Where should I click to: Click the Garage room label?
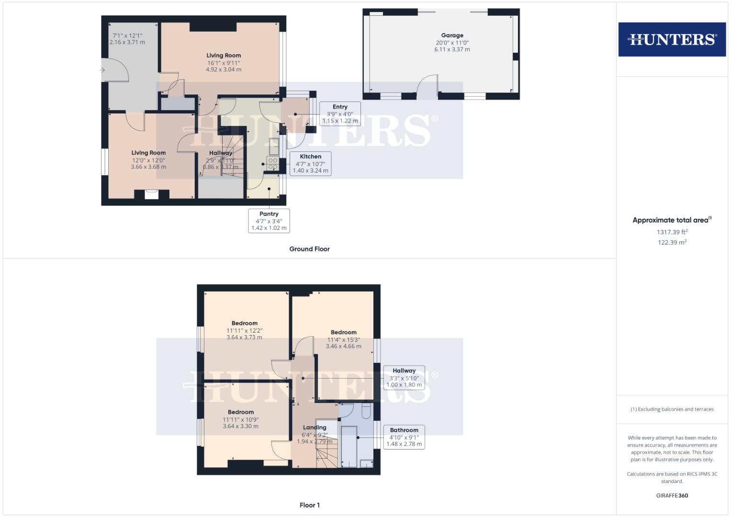452,35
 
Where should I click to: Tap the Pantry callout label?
269,214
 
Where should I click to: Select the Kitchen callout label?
310,157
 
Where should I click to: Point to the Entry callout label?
340,107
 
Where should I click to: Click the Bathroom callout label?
404,430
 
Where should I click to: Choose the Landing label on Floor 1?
315,427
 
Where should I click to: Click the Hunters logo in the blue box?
672,39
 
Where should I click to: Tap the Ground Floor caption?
309,249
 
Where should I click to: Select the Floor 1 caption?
309,505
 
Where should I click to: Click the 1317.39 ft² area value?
672,232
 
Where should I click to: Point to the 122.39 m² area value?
672,242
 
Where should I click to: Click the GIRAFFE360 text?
672,495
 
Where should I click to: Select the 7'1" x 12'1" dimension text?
127,35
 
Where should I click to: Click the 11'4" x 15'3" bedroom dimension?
343,339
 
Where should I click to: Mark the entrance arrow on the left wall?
102,70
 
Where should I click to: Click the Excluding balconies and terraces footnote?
672,409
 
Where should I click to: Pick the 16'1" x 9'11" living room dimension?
224,63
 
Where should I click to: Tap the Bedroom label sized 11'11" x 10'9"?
241,412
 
